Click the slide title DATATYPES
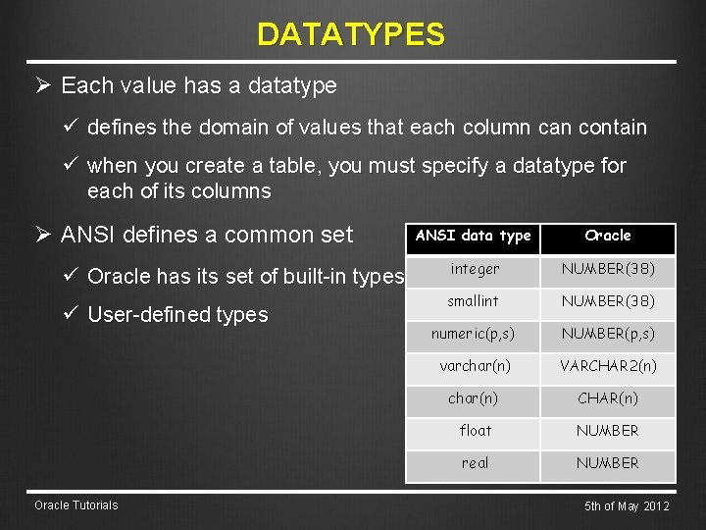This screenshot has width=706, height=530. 351,35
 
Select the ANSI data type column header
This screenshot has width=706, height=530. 474,236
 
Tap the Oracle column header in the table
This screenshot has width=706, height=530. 608,236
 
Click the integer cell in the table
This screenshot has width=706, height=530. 475,269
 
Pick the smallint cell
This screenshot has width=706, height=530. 475,301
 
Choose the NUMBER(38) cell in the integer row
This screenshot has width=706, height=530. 608,269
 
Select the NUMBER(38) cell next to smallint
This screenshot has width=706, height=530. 608,301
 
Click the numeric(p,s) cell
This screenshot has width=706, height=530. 475,335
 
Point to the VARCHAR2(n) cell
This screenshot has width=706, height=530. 608,366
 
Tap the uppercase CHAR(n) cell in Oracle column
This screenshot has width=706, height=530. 608,398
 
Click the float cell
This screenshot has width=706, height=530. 475,431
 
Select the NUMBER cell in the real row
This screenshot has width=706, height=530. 608,463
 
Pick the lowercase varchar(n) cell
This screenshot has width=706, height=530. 475,366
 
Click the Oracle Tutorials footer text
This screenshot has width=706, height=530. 76,505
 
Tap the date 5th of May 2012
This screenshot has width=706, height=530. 627,506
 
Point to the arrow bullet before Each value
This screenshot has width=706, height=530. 42,85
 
